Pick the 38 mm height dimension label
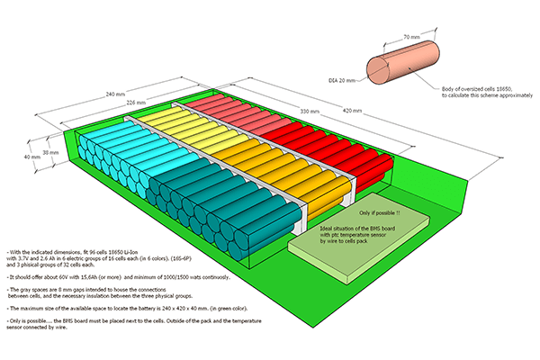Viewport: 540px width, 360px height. (x=50, y=152)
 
